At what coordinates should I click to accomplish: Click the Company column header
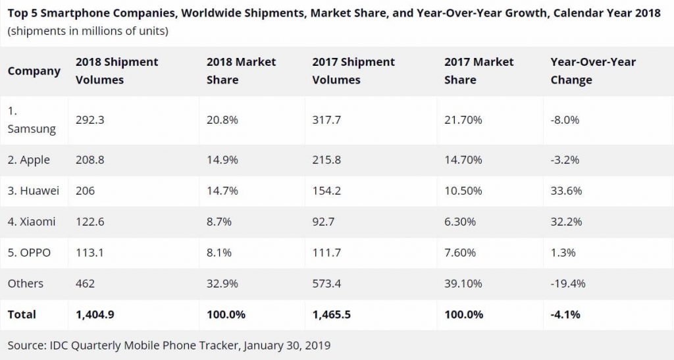pyautogui.click(x=34, y=71)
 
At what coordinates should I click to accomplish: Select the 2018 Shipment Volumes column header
pyautogui.click(x=117, y=70)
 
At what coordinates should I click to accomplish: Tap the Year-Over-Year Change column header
pyautogui.click(x=593, y=70)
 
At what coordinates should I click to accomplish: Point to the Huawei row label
pyautogui.click(x=34, y=191)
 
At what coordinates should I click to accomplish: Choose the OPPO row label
pyautogui.click(x=29, y=253)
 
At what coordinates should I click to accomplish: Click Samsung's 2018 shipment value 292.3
pyautogui.click(x=90, y=120)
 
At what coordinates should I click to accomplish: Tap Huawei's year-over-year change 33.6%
pyautogui.click(x=566, y=191)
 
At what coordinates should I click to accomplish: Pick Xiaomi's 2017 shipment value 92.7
pyautogui.click(x=323, y=222)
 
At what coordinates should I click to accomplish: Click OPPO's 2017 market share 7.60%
pyautogui.click(x=460, y=253)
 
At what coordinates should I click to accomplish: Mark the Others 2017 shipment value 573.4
pyautogui.click(x=327, y=284)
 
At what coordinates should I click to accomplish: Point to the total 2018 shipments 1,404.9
pyautogui.click(x=95, y=315)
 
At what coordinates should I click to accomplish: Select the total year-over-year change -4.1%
pyautogui.click(x=565, y=315)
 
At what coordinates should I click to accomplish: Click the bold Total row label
pyautogui.click(x=22, y=315)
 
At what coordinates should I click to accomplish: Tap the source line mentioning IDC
pyautogui.click(x=169, y=345)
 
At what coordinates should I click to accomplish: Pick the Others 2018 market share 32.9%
pyautogui.click(x=222, y=284)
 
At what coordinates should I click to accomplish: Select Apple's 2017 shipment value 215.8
pyautogui.click(x=327, y=160)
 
